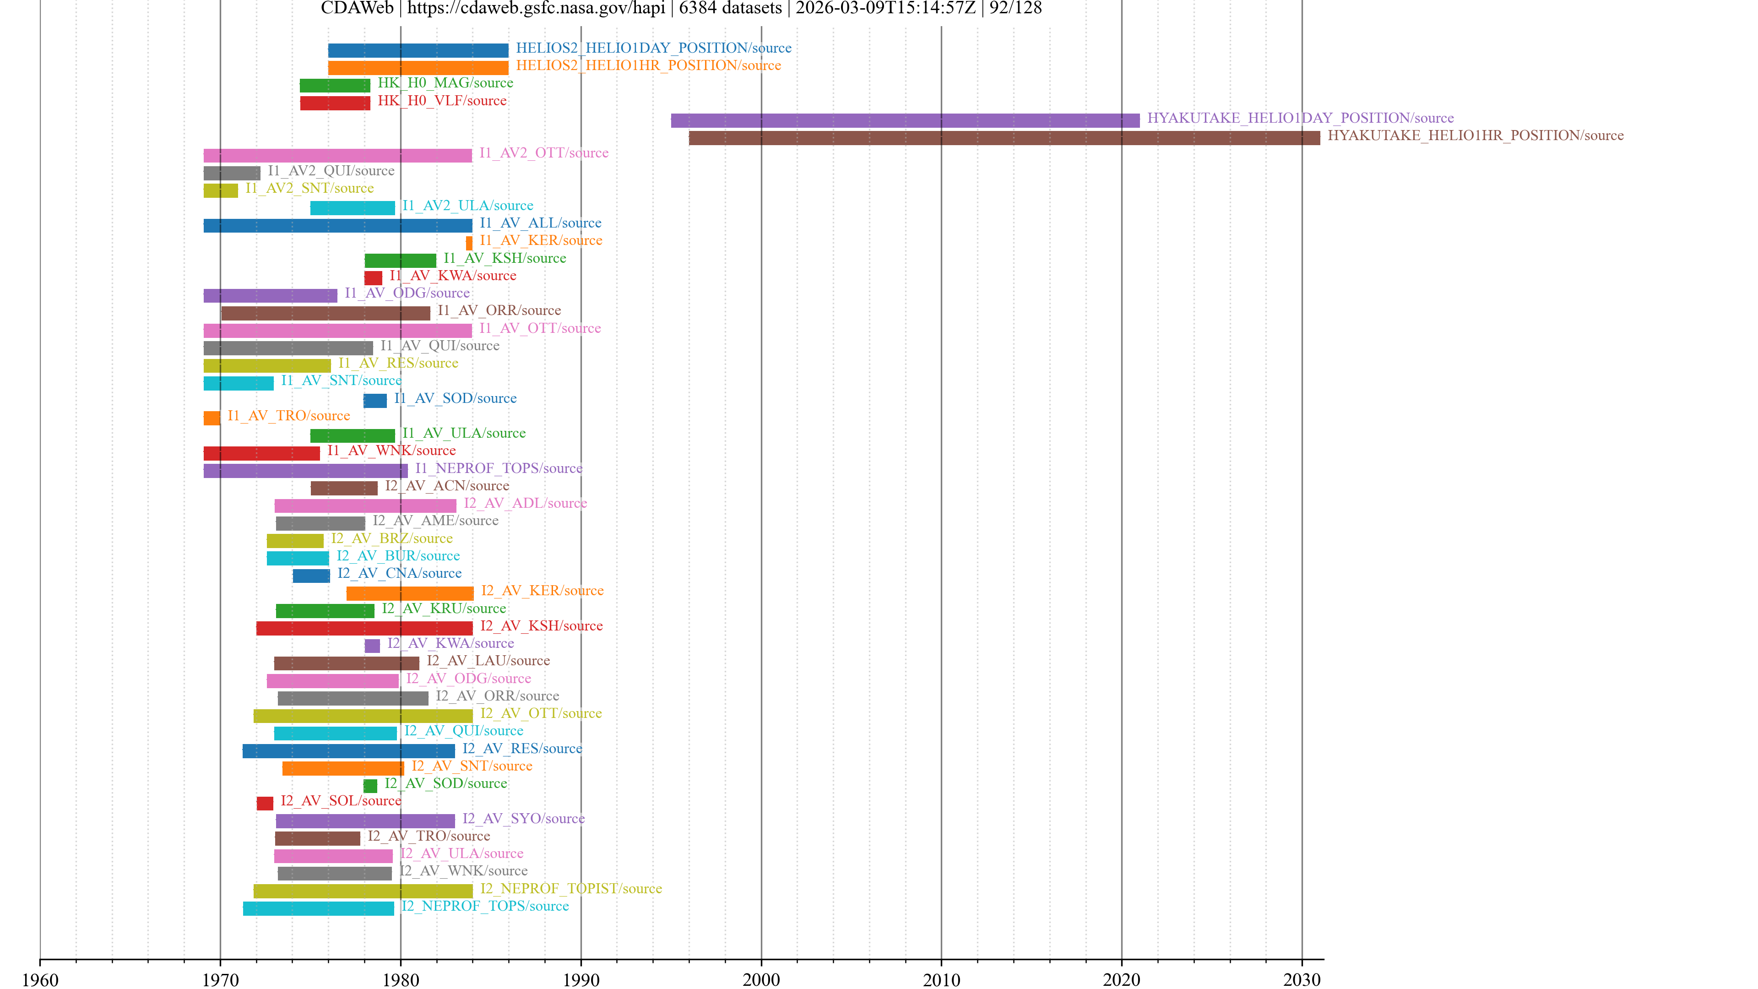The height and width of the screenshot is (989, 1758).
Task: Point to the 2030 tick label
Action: coord(1302,979)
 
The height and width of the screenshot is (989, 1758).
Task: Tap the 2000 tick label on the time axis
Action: coord(761,979)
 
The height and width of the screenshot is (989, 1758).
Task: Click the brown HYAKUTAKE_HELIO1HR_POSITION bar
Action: coord(1004,138)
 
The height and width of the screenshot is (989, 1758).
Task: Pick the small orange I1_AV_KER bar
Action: coord(469,243)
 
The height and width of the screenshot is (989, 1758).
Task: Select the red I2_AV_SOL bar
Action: coord(265,804)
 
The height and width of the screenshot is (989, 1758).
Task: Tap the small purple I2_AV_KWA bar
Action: coord(372,646)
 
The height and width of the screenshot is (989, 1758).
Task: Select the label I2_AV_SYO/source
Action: coord(523,818)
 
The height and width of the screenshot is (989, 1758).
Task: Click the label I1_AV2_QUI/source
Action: coord(331,171)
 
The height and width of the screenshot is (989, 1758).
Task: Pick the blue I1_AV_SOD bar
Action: coord(374,401)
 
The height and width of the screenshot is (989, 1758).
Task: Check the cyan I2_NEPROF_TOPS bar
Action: coord(318,908)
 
